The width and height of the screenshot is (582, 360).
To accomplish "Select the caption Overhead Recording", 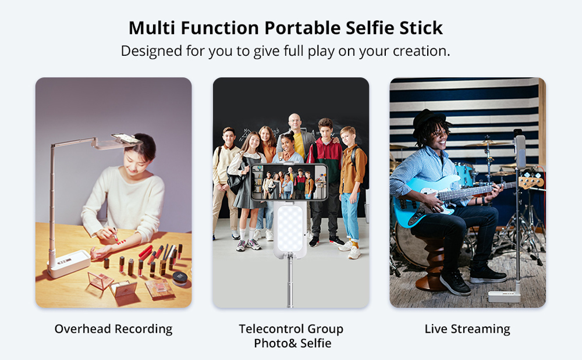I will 113,329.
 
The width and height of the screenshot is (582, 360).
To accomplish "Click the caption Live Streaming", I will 467,329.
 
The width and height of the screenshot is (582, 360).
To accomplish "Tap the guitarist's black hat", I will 428,119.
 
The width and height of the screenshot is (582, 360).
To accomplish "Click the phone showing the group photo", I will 289,182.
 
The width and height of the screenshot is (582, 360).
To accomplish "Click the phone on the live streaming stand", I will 520,152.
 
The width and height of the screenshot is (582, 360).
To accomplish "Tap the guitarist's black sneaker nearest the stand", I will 488,273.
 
